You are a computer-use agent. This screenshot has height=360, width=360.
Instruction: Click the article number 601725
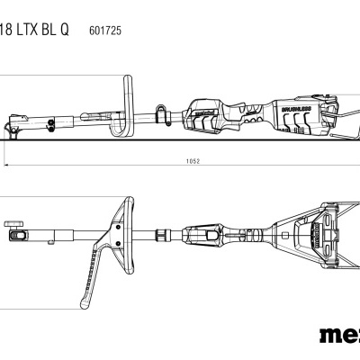click(x=106, y=30)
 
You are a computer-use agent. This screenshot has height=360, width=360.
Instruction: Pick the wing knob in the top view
click(x=13, y=220)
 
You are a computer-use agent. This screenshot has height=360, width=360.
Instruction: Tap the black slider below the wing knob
click(x=16, y=236)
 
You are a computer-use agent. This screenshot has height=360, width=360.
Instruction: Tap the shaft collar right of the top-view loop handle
click(x=163, y=236)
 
